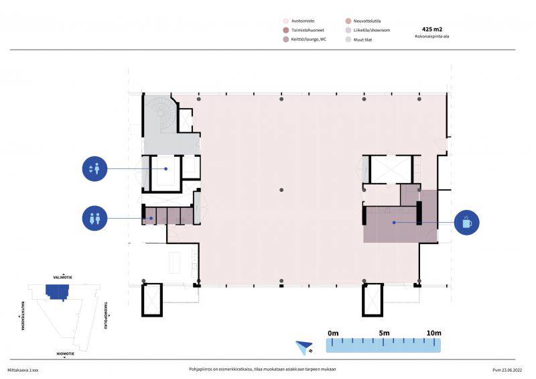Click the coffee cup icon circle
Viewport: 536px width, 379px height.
[466, 223]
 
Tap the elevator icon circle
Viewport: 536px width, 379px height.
[94, 169]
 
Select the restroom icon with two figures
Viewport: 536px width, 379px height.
[94, 219]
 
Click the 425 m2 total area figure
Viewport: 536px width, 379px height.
[431, 30]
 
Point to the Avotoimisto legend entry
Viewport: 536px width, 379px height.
[299, 21]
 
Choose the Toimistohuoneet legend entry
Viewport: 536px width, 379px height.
[304, 30]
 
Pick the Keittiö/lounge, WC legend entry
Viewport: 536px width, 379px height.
[305, 40]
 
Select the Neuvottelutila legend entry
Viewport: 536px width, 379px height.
[363, 21]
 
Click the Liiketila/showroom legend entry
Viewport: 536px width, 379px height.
[368, 30]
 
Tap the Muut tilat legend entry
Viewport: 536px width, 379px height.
[358, 40]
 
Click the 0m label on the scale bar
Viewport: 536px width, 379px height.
[333, 333]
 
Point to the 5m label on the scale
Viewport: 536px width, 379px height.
[384, 333]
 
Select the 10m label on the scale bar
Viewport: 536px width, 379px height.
[433, 333]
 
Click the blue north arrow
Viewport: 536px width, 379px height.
[304, 347]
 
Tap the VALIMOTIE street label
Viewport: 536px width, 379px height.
[62, 277]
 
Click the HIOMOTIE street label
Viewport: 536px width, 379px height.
[65, 354]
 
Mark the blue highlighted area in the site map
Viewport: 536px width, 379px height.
[58, 291]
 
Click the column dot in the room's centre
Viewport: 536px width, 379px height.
[281, 190]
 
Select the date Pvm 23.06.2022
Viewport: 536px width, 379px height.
[507, 370]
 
